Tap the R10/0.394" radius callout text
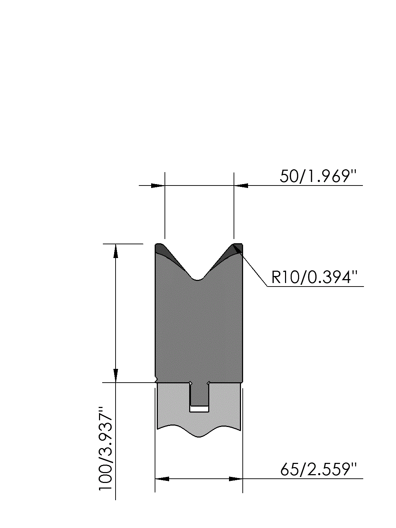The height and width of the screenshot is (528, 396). pos(314,277)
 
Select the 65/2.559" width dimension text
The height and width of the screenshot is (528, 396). pos(318,470)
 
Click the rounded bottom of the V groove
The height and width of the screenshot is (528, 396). pos(198,279)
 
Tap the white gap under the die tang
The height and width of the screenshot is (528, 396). pos(199,409)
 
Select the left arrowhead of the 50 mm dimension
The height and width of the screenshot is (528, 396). pos(158,186)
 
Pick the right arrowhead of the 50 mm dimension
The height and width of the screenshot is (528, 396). pos(241,186)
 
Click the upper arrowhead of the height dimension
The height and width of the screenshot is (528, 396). pos(116,251)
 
